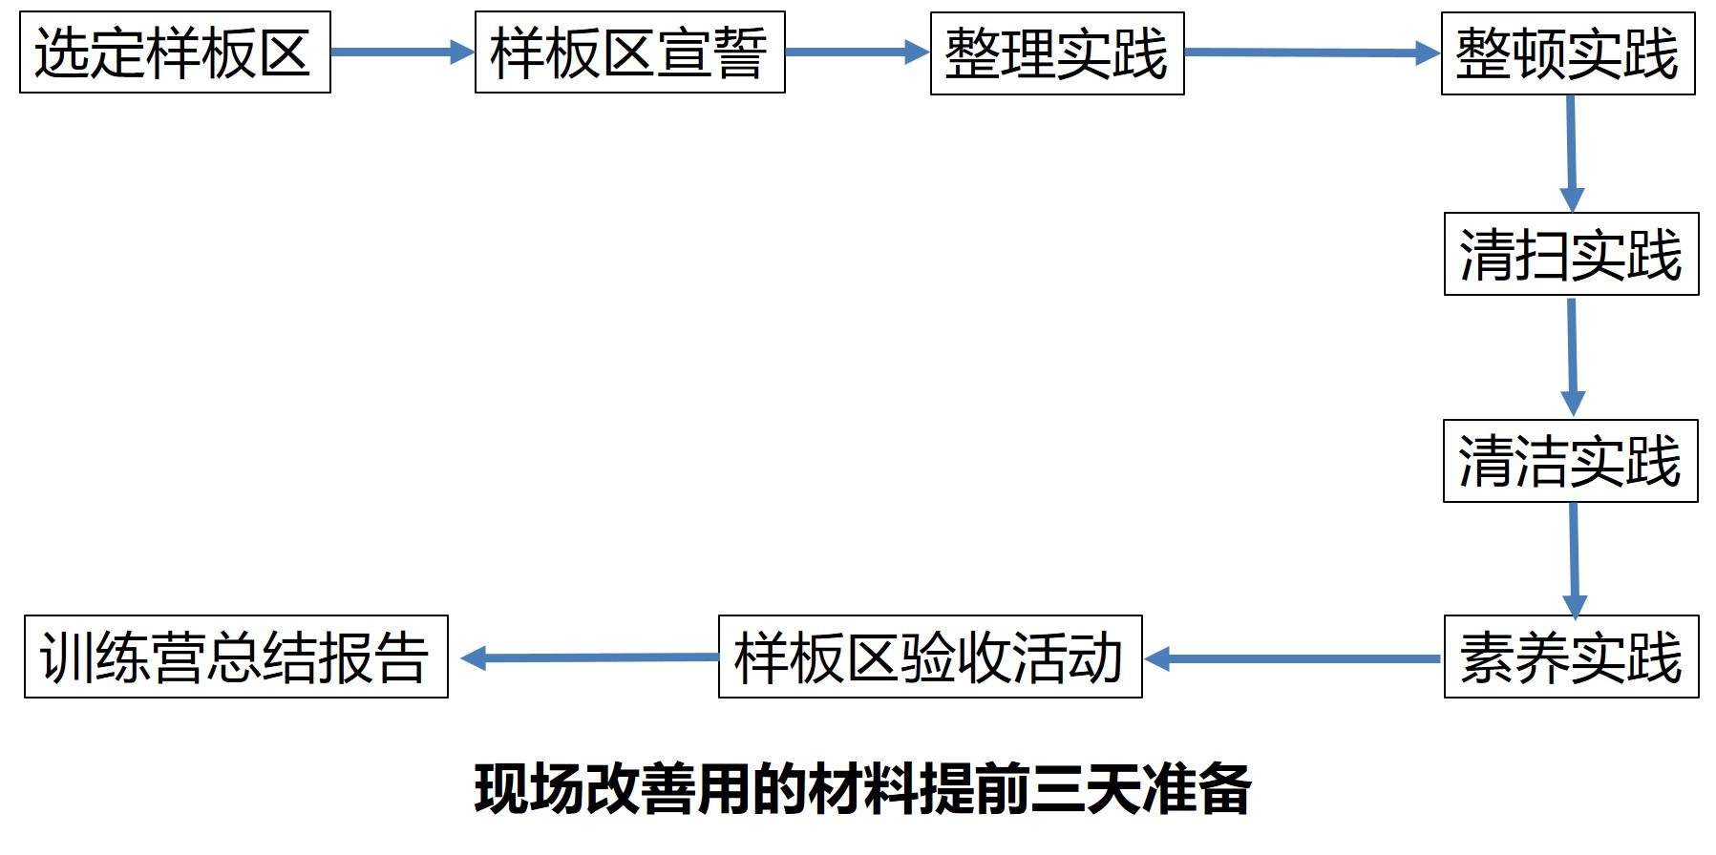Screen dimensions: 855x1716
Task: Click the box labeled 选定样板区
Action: (x=175, y=52)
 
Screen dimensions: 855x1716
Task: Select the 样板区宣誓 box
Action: (x=629, y=52)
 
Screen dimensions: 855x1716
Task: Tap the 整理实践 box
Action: (x=1057, y=53)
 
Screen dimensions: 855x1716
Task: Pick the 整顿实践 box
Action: (x=1567, y=53)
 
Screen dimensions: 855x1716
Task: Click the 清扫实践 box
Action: (x=1571, y=255)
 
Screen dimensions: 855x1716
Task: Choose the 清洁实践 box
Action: (x=1570, y=461)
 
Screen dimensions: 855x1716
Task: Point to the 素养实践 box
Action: (x=1571, y=657)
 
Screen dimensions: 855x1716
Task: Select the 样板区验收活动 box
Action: (x=929, y=657)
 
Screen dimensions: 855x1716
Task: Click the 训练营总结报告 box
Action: (x=236, y=657)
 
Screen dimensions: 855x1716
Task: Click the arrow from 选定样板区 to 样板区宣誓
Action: (x=402, y=52)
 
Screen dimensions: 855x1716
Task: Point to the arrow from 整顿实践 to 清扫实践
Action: (x=1570, y=153)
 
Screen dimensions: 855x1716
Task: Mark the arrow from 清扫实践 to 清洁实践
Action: (x=1572, y=357)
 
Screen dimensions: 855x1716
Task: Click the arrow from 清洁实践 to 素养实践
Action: (x=1574, y=559)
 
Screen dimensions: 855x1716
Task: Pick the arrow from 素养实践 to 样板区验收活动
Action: (x=1293, y=658)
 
